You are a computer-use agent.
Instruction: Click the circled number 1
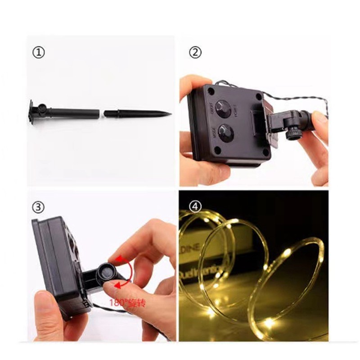pyautogui.click(x=39, y=53)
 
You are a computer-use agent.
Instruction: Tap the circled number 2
pyautogui.click(x=195, y=53)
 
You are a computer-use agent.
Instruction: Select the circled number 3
pyautogui.click(x=39, y=207)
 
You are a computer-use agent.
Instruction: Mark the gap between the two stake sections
pyautogui.click(x=102, y=113)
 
